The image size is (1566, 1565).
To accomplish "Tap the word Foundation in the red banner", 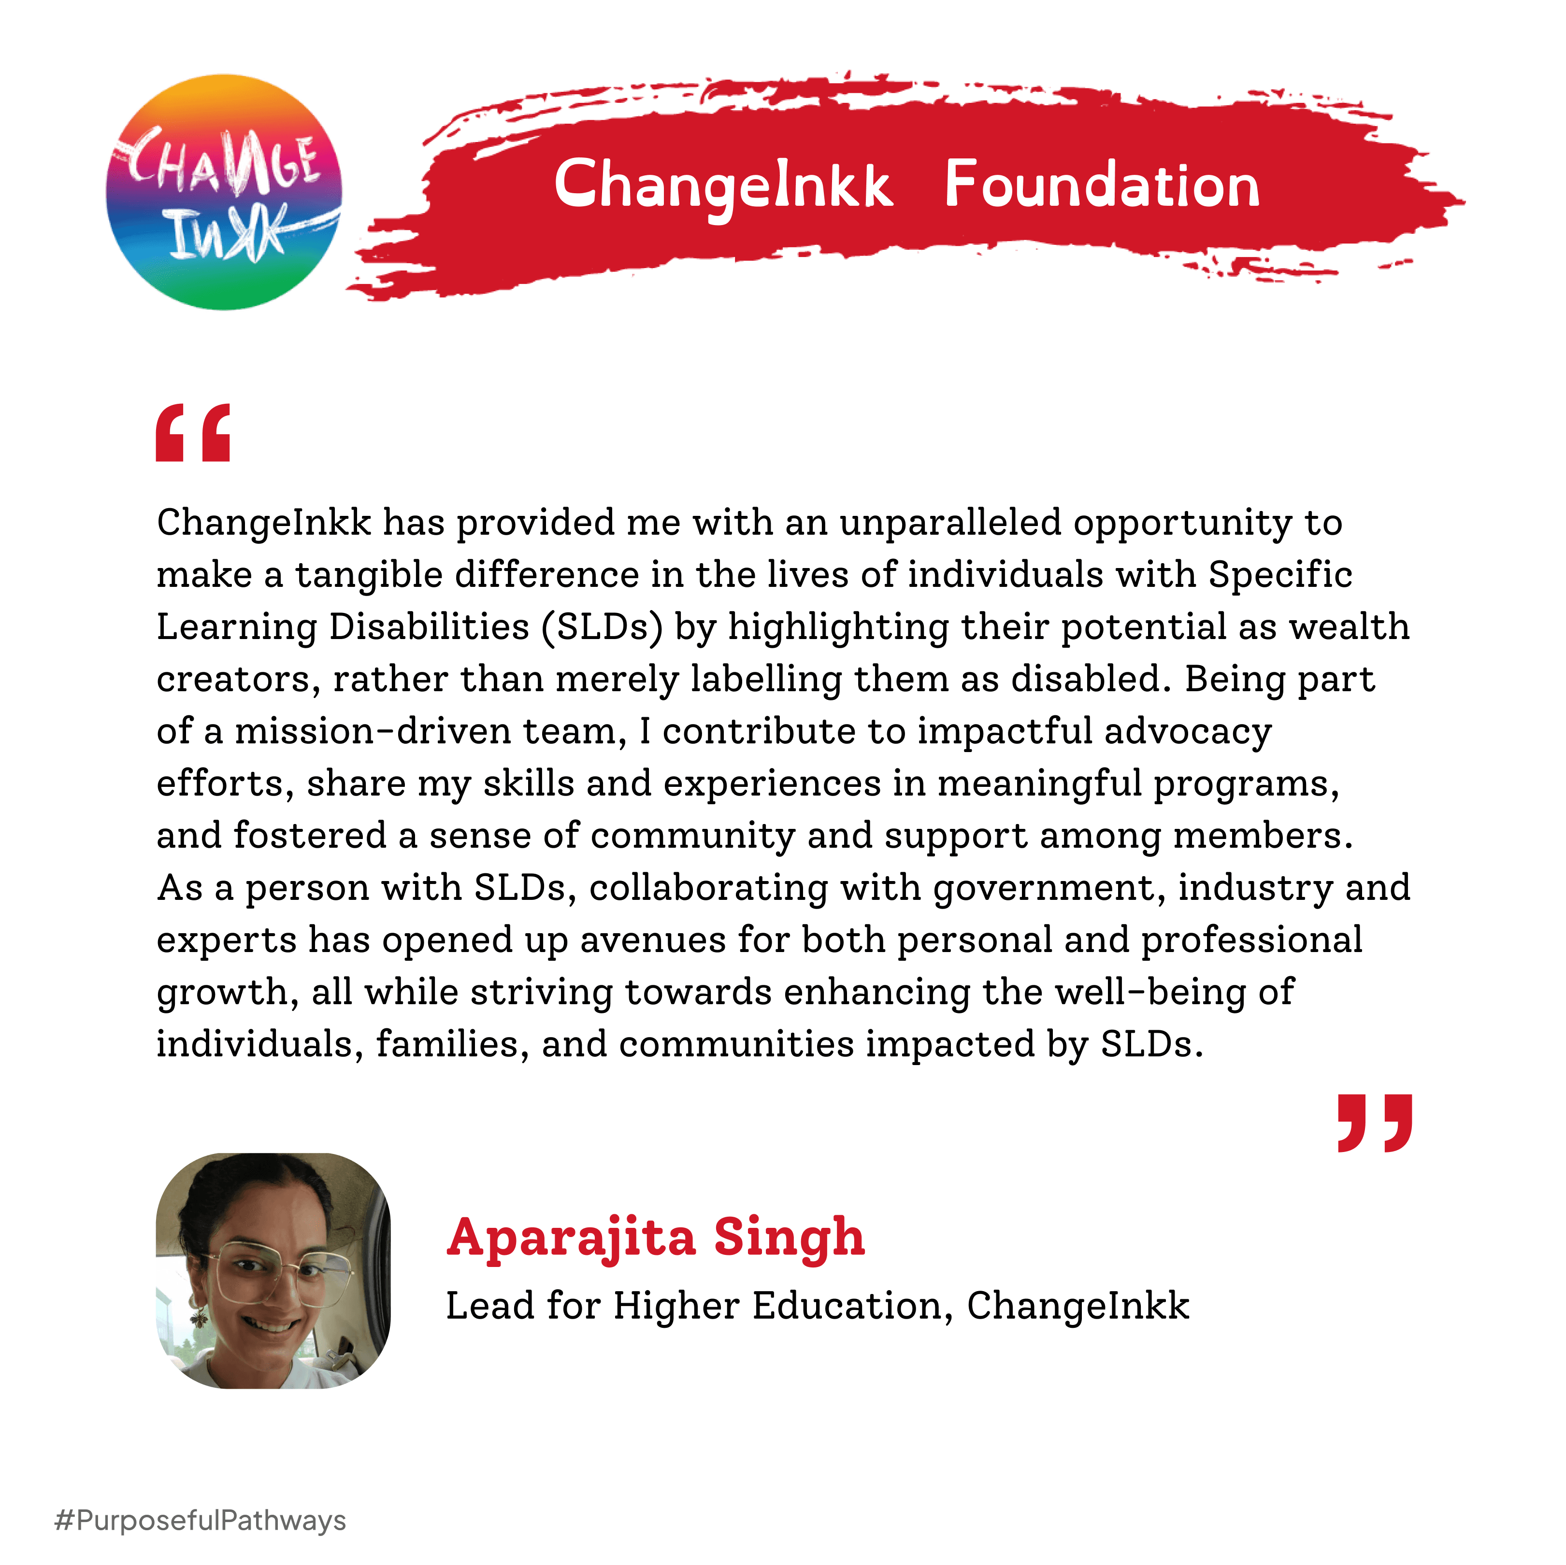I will click(1102, 185).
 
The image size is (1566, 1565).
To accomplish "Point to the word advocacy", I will click(1188, 731).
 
